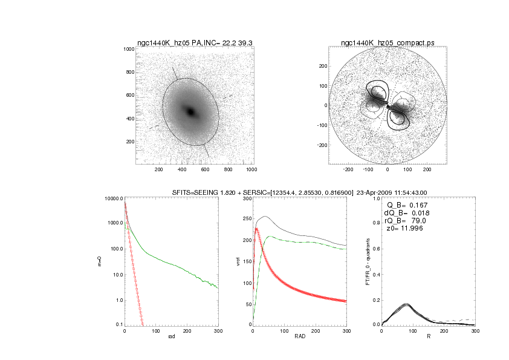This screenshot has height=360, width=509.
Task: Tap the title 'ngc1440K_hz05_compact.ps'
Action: click(387, 43)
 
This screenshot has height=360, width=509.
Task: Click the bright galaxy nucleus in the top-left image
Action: click(191, 112)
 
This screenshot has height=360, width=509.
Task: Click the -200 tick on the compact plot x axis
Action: click(348, 170)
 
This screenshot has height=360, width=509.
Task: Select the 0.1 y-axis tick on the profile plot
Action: click(118, 326)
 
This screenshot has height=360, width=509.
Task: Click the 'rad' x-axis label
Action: click(171, 336)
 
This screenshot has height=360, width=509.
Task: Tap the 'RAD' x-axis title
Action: click(299, 336)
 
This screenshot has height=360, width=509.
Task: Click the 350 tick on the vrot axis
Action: click(244, 198)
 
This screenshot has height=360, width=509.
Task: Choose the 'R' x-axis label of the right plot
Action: click(428, 336)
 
